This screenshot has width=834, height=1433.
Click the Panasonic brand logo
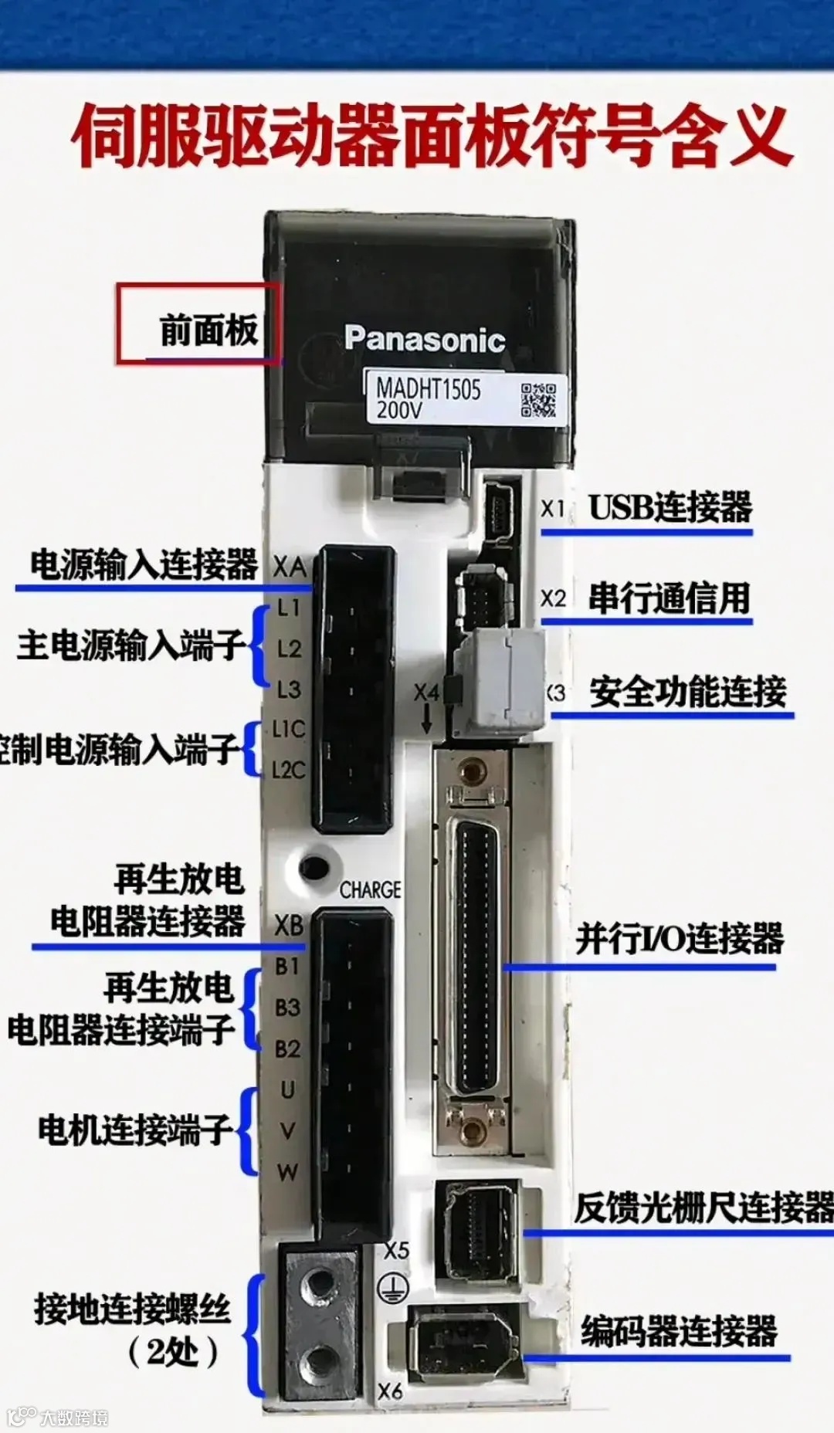(424, 339)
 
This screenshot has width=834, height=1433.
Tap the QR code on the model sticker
(538, 400)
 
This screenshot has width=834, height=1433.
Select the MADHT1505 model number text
(428, 388)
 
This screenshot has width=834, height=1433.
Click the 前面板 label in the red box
(208, 330)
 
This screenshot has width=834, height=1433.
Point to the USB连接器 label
(670, 507)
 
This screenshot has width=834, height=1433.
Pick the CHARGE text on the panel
(370, 890)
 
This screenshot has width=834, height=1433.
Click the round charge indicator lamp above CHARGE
(314, 868)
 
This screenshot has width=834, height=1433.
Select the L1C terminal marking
(288, 729)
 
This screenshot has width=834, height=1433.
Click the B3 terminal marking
(287, 1008)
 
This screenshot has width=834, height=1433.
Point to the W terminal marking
(287, 1172)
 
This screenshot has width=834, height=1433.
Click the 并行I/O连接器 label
(679, 938)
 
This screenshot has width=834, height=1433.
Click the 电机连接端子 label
(134, 1130)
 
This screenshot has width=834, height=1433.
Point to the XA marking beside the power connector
(290, 567)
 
